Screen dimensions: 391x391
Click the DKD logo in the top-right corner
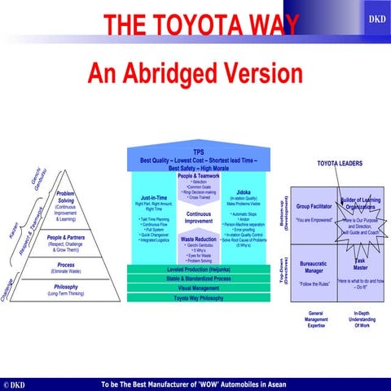click(377, 17)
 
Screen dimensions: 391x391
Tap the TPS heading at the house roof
click(199, 152)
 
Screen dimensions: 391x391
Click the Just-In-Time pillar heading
click(154, 197)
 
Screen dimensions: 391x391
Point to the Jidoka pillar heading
click(244, 192)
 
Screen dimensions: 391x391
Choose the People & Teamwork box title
click(199, 176)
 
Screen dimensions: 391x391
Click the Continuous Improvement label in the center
click(199, 217)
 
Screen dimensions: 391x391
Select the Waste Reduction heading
click(199, 239)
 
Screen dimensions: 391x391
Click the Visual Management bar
click(199, 288)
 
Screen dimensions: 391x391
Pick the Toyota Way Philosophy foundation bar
click(199, 299)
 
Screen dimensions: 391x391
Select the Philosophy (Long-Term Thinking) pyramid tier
click(66, 289)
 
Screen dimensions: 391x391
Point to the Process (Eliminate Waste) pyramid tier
click(66, 268)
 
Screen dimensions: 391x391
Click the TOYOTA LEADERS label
click(339, 164)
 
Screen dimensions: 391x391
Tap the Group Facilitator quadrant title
click(314, 207)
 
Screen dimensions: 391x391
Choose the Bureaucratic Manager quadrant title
click(314, 268)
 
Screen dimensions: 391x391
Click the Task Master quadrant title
click(359, 265)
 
